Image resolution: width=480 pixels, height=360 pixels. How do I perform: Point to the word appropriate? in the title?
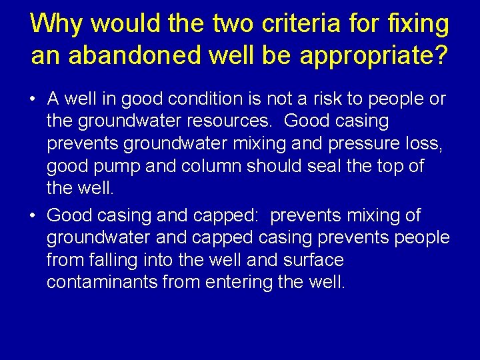(x=374, y=56)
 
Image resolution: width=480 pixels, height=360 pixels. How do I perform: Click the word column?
(x=206, y=166)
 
